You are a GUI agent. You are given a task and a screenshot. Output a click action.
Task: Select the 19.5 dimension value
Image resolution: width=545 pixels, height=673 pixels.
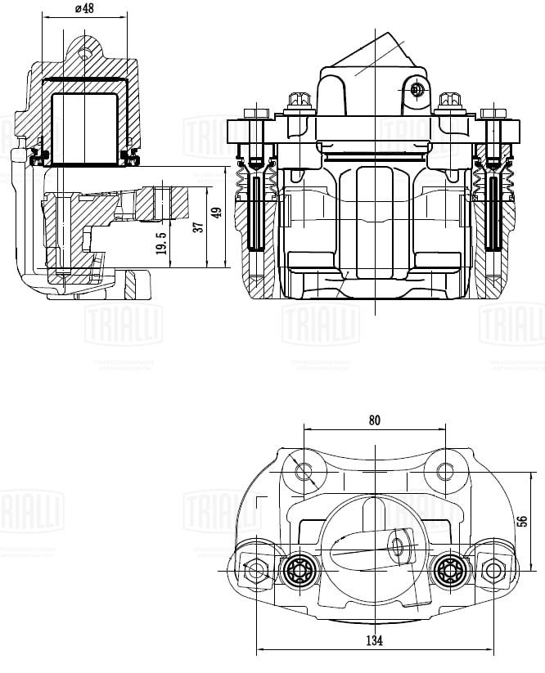[162, 242]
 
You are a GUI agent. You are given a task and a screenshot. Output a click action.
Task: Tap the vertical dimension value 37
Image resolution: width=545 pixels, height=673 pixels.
[197, 227]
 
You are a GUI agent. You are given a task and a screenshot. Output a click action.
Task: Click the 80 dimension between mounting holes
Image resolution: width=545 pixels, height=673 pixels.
[374, 420]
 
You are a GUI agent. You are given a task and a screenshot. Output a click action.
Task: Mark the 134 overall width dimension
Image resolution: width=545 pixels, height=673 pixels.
[374, 640]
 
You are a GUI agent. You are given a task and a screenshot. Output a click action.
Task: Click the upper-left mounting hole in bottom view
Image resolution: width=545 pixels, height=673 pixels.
[303, 471]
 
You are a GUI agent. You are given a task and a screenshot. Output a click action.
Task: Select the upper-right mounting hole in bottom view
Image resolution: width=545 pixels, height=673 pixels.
[445, 471]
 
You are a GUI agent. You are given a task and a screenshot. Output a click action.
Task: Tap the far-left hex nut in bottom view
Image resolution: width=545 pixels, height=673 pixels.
[257, 570]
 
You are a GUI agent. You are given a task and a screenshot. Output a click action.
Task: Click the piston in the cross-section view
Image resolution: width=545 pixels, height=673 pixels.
[85, 127]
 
